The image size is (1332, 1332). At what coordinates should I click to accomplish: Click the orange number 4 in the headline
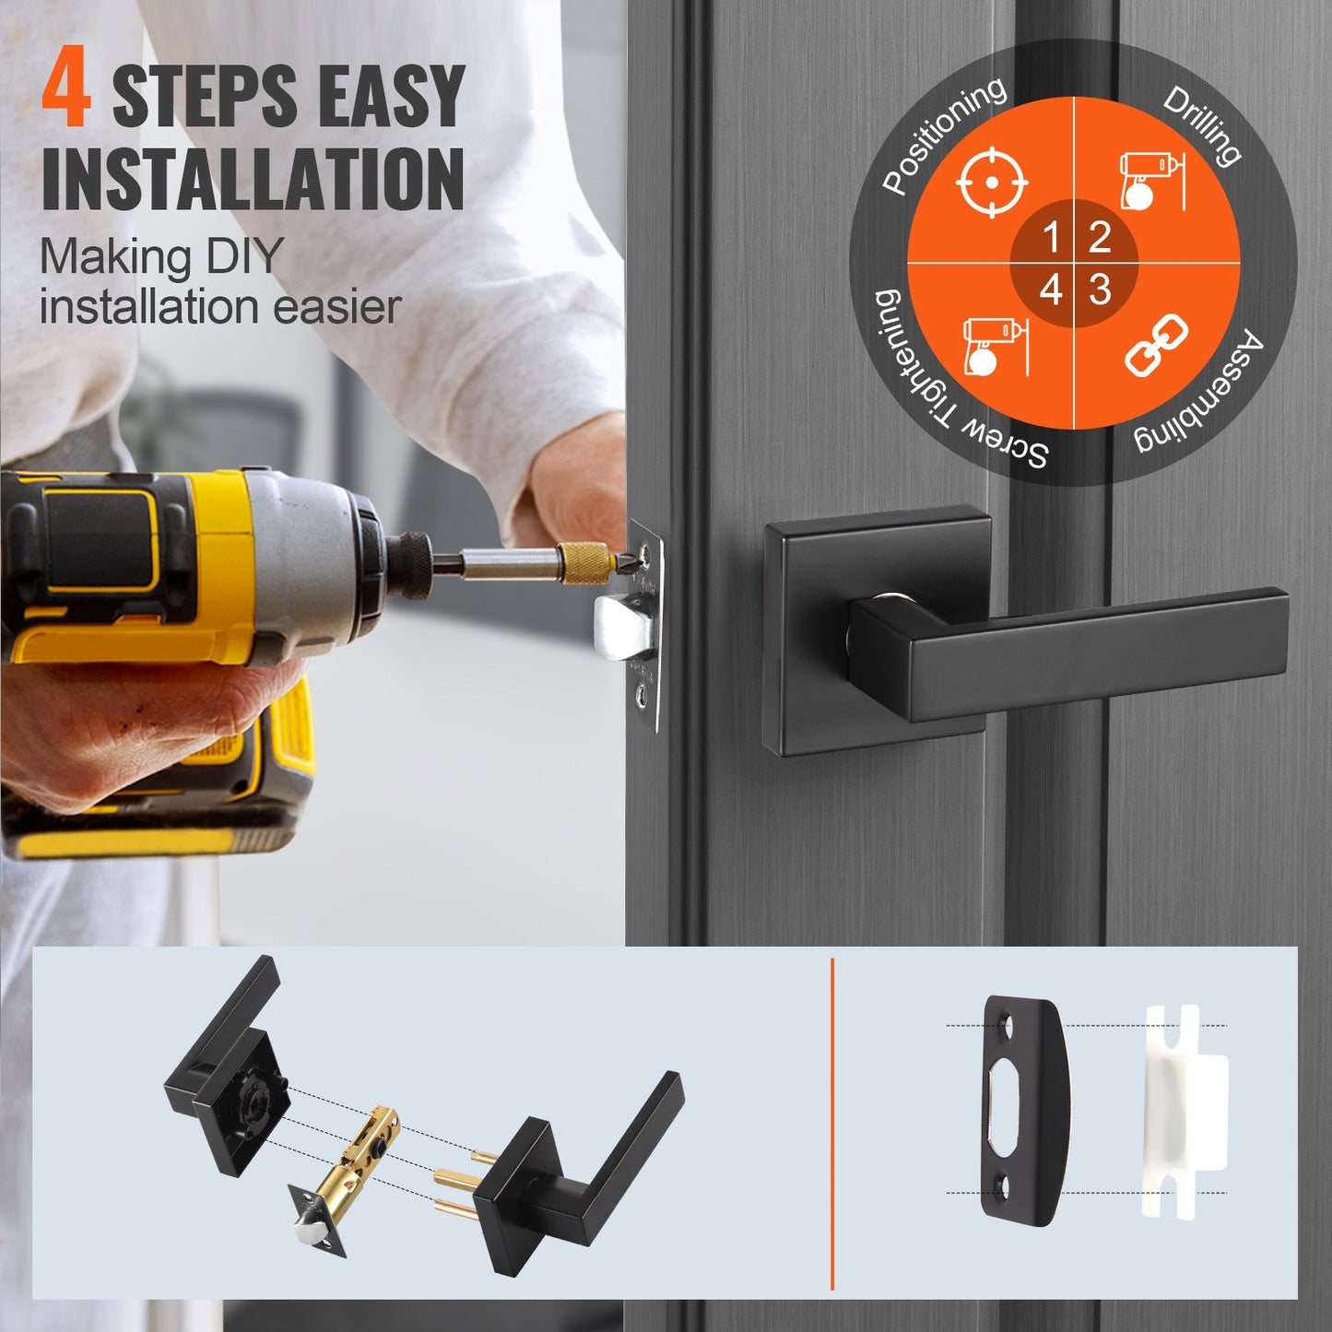tap(66, 91)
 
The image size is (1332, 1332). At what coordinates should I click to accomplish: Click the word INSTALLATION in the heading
tap(253, 179)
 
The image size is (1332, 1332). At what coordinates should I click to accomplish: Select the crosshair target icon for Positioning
tap(991, 182)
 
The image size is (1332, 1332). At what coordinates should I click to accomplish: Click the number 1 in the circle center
tap(1051, 238)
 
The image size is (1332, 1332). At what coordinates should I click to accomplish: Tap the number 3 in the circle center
tap(1100, 290)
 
